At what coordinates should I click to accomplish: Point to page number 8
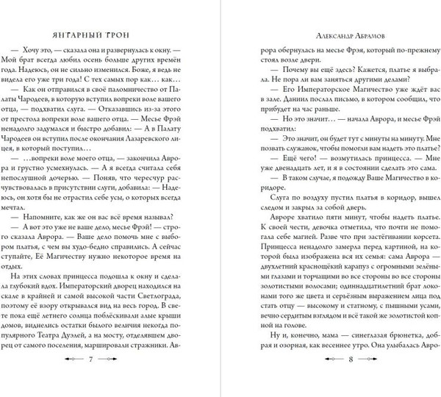330,380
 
